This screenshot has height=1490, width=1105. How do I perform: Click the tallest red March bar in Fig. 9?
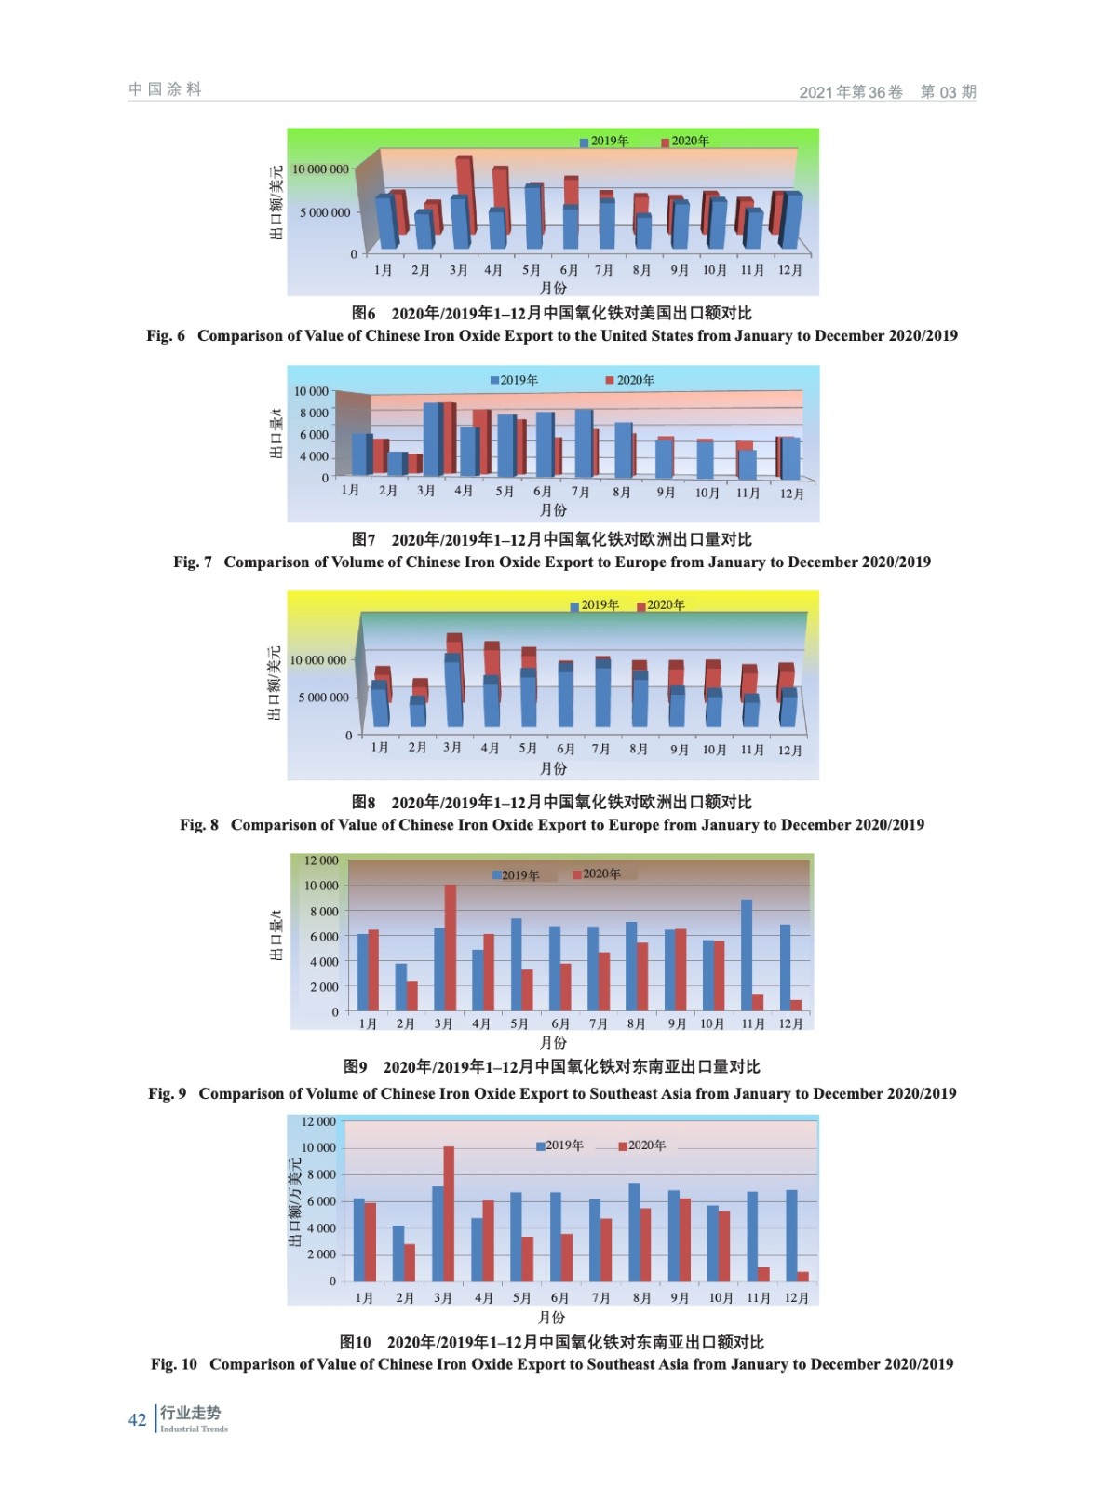click(451, 947)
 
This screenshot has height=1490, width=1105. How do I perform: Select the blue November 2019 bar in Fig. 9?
click(747, 955)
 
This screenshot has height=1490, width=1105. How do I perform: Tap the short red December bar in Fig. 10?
click(802, 1276)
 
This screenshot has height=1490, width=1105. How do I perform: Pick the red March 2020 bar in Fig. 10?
click(449, 1213)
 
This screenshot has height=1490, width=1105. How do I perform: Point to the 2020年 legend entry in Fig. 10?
click(642, 1145)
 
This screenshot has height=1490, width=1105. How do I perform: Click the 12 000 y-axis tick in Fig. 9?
click(321, 860)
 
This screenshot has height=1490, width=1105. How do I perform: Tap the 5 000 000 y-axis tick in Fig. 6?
click(325, 212)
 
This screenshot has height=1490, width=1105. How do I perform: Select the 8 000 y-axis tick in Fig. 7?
click(314, 413)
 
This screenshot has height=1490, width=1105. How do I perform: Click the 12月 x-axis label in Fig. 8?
click(789, 751)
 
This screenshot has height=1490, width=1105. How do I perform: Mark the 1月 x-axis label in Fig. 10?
click(364, 1298)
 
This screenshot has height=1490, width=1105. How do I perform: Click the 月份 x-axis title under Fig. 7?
click(553, 510)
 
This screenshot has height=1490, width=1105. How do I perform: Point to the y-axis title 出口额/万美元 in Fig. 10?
click(295, 1202)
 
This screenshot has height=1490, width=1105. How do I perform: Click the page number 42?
click(137, 1419)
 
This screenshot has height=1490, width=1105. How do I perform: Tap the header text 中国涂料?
click(165, 89)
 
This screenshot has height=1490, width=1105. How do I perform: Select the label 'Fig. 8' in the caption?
click(199, 824)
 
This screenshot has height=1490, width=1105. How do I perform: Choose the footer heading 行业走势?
click(190, 1413)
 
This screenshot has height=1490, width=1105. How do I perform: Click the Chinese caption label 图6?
click(364, 313)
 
